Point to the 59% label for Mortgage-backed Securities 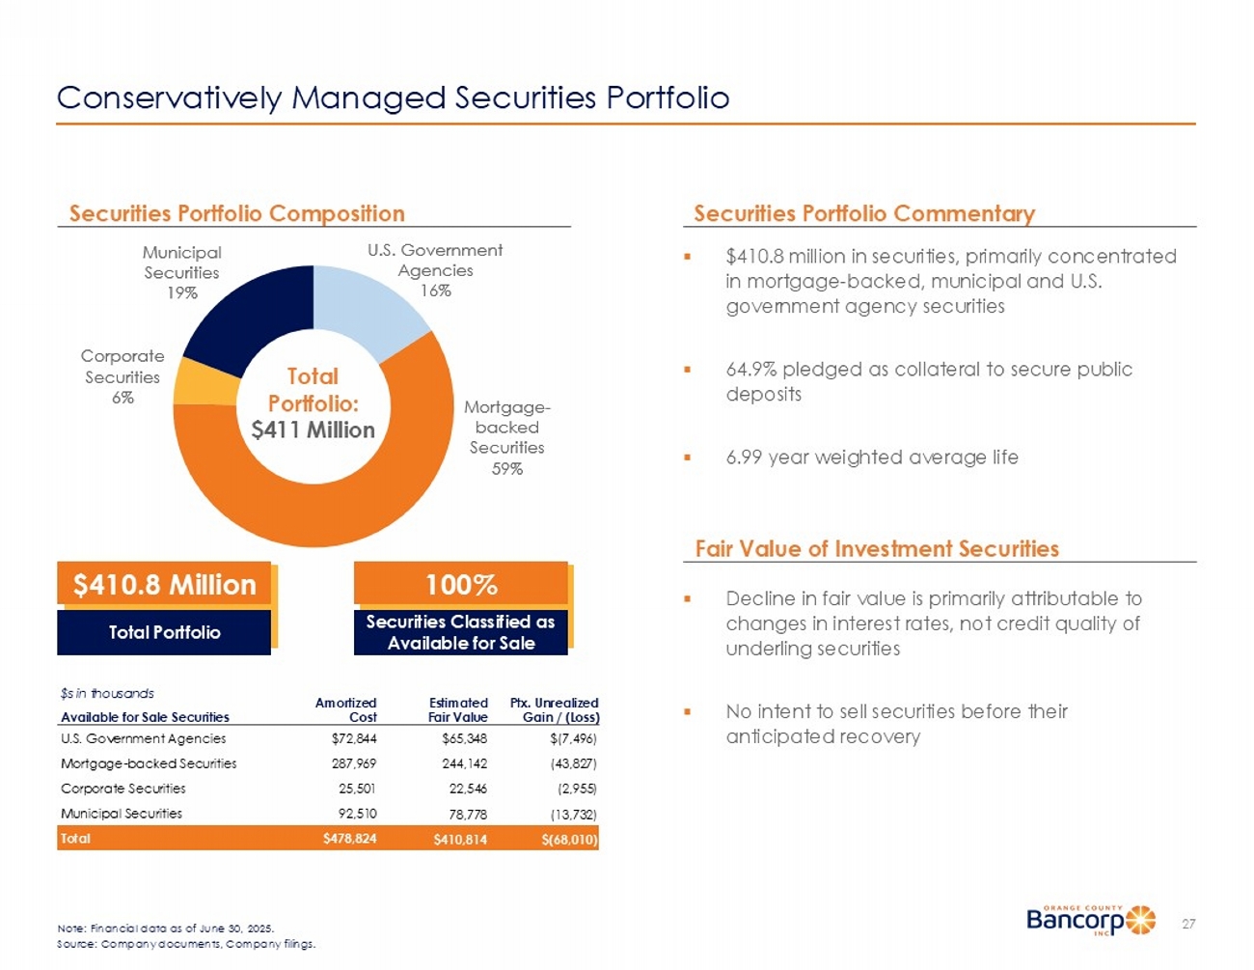point(507,469)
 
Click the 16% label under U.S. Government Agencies point(436,291)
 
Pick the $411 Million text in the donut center point(313,430)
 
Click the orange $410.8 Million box point(165,585)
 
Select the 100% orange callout point(461,585)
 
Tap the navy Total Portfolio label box point(164,633)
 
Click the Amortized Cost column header point(346,709)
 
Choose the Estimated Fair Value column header point(458,709)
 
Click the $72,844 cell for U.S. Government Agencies point(354,739)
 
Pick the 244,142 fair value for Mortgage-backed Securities point(465,763)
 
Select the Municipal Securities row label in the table point(122,814)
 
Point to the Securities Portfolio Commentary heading point(864,213)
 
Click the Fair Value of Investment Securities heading point(877,549)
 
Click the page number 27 point(1188,925)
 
